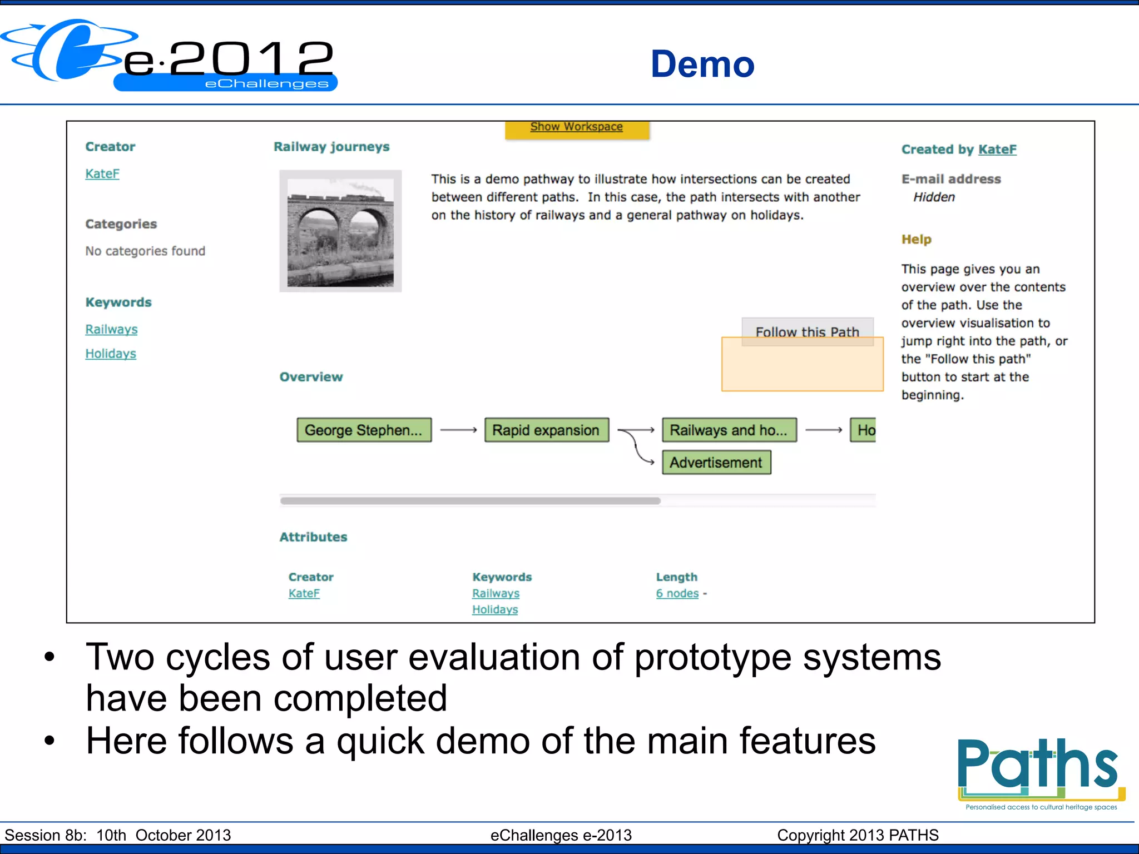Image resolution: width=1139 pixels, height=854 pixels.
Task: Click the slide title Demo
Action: click(x=702, y=64)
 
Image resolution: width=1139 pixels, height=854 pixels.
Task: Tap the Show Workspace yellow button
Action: click(x=576, y=127)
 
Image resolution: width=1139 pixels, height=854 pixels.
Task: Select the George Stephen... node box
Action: click(x=364, y=430)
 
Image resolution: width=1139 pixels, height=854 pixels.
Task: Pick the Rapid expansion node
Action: click(x=546, y=430)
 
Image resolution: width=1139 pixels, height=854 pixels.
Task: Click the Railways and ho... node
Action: click(x=729, y=430)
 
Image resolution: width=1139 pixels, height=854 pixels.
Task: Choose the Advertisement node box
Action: click(x=716, y=462)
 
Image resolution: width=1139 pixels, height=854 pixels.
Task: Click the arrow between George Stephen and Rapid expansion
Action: click(x=458, y=430)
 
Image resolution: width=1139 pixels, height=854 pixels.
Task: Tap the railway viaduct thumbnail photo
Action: click(x=340, y=231)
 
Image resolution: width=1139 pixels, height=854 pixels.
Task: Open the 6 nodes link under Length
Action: click(x=677, y=593)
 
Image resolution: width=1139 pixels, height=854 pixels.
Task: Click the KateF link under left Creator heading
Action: click(x=102, y=173)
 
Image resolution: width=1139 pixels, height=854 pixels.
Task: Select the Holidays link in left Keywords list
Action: click(x=111, y=354)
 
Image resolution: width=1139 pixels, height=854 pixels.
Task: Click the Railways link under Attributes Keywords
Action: click(x=496, y=593)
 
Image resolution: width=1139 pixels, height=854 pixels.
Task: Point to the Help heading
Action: click(x=916, y=239)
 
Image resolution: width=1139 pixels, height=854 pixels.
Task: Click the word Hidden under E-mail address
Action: click(x=934, y=197)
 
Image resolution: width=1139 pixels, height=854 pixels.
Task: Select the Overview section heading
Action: click(x=311, y=377)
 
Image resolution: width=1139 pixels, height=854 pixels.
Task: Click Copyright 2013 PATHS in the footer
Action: click(x=857, y=835)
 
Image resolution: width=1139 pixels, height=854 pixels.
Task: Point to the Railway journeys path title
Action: click(x=331, y=147)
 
